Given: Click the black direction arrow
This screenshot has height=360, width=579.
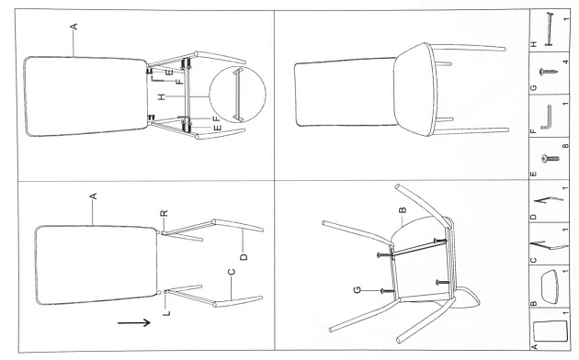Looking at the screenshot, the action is (x=133, y=322).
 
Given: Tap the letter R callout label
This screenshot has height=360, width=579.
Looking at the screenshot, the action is (x=165, y=213).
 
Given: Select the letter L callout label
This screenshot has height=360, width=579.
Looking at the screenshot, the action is (x=166, y=313).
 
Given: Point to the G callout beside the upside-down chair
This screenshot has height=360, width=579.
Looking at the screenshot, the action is (x=358, y=290).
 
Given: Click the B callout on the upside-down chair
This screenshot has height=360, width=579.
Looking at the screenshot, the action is (x=403, y=210).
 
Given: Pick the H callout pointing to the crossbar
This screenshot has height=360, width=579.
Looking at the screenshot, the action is (x=162, y=97).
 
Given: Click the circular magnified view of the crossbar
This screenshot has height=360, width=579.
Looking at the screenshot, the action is (x=237, y=94).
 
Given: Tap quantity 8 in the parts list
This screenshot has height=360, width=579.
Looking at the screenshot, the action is (x=565, y=146).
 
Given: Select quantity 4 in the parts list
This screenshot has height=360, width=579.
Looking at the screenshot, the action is (x=566, y=62).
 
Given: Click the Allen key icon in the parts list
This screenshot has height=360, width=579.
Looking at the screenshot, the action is (x=547, y=118).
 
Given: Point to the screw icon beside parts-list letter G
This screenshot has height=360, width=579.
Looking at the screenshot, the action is (x=548, y=72).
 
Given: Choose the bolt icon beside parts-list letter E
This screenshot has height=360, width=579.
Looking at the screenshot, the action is (x=550, y=159).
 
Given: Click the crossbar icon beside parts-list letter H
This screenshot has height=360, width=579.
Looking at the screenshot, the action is (x=549, y=29).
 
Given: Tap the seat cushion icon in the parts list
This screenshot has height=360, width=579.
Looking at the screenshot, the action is (x=550, y=287).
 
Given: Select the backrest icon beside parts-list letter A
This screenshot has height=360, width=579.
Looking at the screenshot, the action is (x=550, y=331).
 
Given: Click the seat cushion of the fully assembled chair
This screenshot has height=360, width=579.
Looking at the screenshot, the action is (x=415, y=89).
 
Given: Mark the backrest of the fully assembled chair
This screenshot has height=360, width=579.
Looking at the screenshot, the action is (x=346, y=92).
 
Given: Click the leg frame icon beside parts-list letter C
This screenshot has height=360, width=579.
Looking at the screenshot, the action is (x=549, y=245).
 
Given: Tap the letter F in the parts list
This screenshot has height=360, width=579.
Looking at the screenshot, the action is (x=533, y=131).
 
